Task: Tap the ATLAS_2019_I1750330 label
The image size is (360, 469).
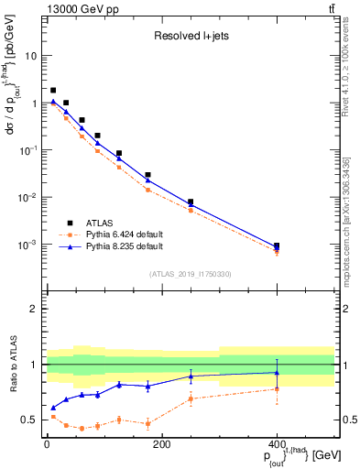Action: (x=190, y=274)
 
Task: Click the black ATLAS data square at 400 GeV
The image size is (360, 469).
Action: (x=277, y=245)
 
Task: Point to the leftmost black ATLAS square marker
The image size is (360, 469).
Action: (x=53, y=90)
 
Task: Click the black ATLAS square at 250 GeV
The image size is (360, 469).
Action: (x=191, y=202)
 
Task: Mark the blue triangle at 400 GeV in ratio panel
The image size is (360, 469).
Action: (x=277, y=372)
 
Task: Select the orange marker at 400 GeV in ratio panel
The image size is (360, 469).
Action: (x=277, y=389)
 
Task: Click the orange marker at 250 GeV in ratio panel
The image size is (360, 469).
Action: (x=191, y=398)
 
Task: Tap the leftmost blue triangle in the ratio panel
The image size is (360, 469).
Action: (x=53, y=408)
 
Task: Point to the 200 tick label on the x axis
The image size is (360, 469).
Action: (x=161, y=444)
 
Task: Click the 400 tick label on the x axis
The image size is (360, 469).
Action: (x=277, y=444)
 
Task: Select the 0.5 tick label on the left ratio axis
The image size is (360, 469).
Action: (x=32, y=420)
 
